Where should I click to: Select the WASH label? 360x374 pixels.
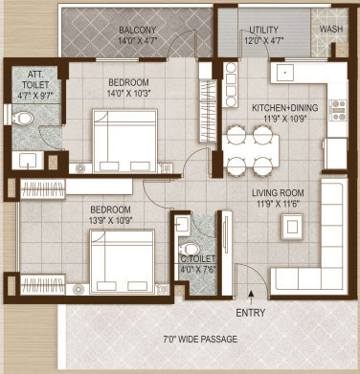(330, 30)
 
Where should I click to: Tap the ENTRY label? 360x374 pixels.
(251, 313)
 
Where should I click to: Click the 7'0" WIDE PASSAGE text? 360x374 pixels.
(200, 339)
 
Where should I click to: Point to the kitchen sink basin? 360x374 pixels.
(284, 73)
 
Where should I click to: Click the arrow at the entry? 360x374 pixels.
(251, 296)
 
